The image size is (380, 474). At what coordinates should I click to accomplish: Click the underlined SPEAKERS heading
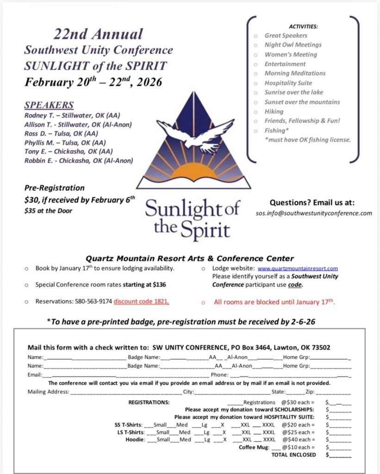(x=49, y=105)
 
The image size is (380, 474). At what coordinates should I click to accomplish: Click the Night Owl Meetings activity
(x=293, y=45)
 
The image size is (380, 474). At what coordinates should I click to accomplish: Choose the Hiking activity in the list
(x=274, y=112)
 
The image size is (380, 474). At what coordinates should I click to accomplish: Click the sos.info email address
(x=314, y=213)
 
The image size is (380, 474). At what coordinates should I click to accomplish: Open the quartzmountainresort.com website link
(x=298, y=268)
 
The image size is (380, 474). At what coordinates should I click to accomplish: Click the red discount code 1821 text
(x=141, y=301)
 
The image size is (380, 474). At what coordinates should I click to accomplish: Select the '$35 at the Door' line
(x=48, y=211)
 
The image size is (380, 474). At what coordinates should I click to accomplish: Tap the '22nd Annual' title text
(x=98, y=34)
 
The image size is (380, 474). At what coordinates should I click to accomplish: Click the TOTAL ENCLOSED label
(x=293, y=455)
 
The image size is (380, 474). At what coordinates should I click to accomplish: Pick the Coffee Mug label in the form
(x=254, y=447)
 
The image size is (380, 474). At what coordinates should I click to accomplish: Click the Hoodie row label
(x=135, y=440)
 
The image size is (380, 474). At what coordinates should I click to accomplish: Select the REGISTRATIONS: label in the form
(x=149, y=402)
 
